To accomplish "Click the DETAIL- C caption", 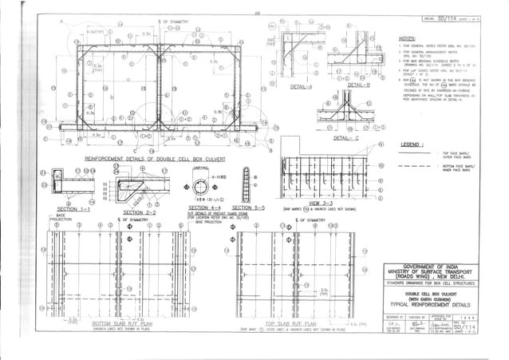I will click(344, 137).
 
